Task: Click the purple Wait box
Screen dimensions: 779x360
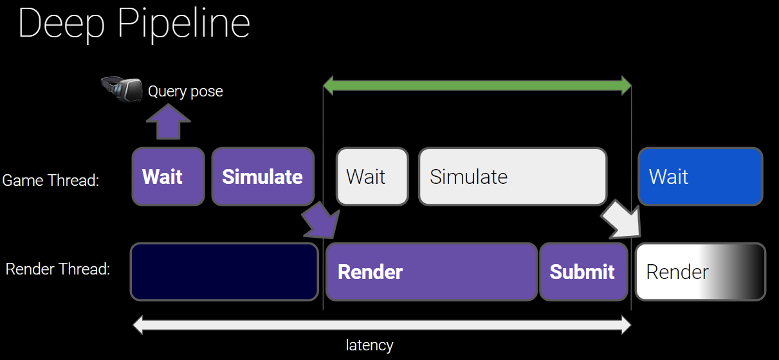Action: (x=169, y=177)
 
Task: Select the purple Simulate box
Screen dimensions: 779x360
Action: (x=263, y=177)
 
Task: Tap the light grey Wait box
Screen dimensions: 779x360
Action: (x=372, y=177)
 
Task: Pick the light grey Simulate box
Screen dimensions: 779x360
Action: (x=513, y=177)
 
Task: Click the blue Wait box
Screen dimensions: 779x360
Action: (x=701, y=177)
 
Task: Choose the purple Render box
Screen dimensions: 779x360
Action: (x=432, y=272)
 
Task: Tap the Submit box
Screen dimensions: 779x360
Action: (x=583, y=272)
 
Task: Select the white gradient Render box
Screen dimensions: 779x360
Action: (x=701, y=272)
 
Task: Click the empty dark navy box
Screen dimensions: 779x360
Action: (x=225, y=272)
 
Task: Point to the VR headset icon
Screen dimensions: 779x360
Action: (x=122, y=89)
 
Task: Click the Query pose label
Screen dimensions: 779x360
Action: (x=185, y=92)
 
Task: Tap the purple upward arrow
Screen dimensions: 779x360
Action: (x=169, y=122)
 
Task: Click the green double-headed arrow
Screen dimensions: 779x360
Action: (x=477, y=85)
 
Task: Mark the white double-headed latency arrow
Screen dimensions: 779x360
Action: (x=382, y=325)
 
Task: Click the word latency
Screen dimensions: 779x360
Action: (x=369, y=345)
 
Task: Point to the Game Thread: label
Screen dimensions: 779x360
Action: (x=51, y=181)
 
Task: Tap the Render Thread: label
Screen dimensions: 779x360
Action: (x=58, y=269)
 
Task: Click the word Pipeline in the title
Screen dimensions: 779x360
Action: (x=183, y=24)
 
